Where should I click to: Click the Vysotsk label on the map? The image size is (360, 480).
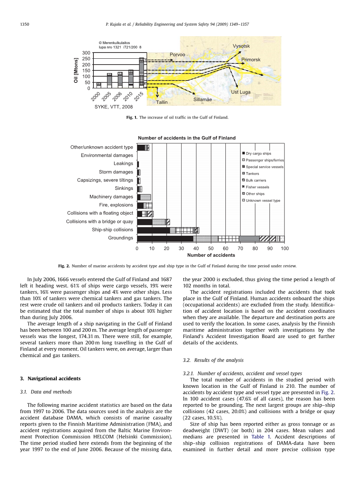point(241,46)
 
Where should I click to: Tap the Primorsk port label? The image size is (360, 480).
point(251,60)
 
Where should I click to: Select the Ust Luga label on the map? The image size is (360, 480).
point(241,92)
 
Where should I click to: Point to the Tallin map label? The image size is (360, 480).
point(162,102)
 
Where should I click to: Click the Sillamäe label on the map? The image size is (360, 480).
point(203,100)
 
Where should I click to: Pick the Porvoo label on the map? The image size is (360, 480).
point(177,55)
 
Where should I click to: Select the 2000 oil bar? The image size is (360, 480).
point(99,85)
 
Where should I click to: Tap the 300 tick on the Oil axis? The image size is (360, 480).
point(86,53)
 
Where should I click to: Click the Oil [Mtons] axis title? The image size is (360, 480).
point(76,70)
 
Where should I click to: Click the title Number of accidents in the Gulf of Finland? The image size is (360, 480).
point(186,138)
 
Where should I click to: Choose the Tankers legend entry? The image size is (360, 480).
point(252,174)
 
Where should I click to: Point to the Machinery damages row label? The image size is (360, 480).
point(111,197)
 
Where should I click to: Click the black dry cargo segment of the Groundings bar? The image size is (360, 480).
point(165,238)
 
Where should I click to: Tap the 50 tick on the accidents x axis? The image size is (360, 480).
point(211,248)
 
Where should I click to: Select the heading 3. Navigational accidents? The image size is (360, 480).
point(50,378)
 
